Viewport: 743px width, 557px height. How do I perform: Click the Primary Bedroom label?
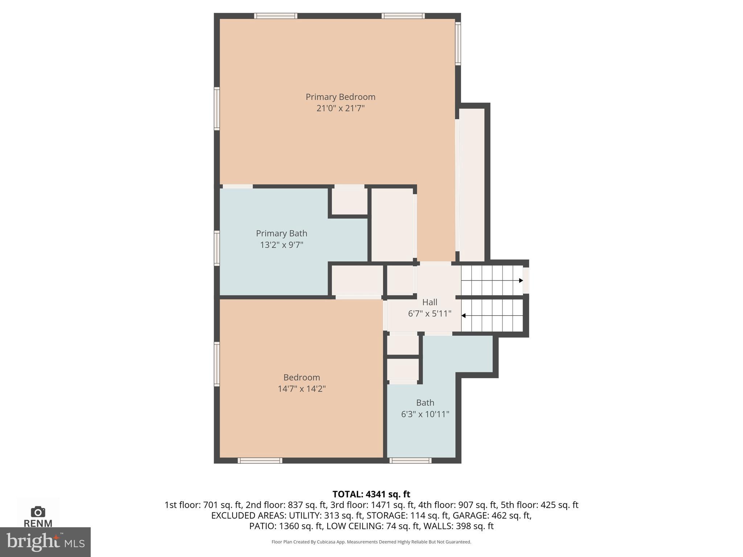point(340,97)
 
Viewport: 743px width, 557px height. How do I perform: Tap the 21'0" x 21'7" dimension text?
point(340,108)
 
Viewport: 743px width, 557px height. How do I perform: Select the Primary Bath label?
point(282,233)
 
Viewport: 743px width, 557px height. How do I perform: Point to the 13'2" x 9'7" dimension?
point(282,245)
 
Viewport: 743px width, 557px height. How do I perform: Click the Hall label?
point(430,302)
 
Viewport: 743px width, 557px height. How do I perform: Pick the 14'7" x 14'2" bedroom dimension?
point(301,389)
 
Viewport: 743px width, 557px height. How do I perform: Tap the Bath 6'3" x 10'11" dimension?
point(425,414)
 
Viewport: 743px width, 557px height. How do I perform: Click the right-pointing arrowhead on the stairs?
point(521,280)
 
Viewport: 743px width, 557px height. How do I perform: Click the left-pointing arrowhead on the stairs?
point(463,315)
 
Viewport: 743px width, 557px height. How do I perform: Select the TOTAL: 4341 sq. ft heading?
point(371,494)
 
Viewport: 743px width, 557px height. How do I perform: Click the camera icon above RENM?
point(38,512)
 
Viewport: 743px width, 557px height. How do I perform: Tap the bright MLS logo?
point(45,542)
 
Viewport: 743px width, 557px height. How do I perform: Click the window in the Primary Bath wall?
point(217,248)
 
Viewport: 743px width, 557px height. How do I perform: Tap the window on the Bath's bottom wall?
point(410,461)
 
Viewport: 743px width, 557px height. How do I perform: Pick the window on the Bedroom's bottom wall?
point(260,461)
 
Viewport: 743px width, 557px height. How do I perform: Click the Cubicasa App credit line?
point(371,542)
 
